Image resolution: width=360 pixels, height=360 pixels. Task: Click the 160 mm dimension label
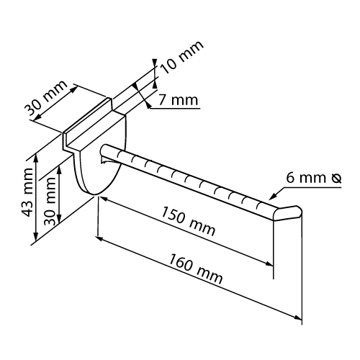click(x=196, y=269)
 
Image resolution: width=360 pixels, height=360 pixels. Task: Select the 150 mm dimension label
click(x=188, y=221)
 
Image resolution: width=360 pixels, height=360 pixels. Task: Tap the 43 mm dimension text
click(x=28, y=192)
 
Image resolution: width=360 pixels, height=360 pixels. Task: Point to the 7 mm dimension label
click(x=178, y=100)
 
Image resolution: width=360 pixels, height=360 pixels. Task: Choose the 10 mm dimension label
click(x=182, y=57)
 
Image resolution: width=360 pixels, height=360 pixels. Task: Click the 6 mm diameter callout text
click(x=314, y=178)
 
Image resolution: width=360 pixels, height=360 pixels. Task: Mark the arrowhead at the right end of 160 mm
click(x=298, y=318)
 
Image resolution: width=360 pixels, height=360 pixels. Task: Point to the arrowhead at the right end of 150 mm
click(x=269, y=264)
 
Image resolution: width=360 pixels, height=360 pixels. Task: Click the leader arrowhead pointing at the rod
click(x=271, y=197)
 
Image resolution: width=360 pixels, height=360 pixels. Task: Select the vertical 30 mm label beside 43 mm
click(x=50, y=201)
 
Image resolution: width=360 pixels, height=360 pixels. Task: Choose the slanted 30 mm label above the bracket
click(x=45, y=99)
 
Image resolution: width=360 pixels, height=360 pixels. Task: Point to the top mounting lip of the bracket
click(x=88, y=122)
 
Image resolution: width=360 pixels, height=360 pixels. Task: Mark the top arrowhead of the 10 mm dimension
click(x=155, y=62)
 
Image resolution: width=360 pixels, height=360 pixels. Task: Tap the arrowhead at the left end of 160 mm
click(x=99, y=238)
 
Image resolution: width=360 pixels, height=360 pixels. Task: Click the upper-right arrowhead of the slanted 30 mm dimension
click(x=75, y=88)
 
